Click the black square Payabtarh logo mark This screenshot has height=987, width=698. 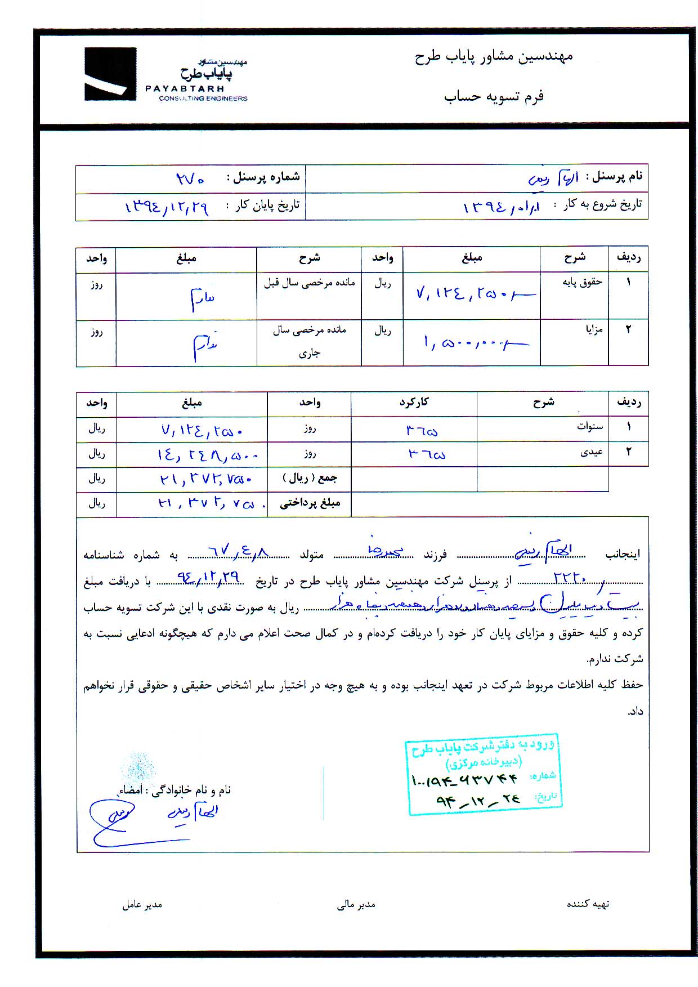point(110,74)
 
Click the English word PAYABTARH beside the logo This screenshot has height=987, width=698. point(185,88)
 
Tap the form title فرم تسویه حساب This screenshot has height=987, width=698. point(493,96)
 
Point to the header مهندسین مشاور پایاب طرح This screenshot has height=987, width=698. point(493,57)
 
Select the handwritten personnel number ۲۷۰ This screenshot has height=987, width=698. point(190,179)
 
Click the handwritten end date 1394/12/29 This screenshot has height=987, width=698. point(167,207)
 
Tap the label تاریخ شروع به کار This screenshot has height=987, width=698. point(597,204)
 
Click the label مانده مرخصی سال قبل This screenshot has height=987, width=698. point(309,283)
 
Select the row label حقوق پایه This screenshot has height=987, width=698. point(582,282)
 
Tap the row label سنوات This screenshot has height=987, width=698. point(589,426)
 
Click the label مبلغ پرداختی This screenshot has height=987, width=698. point(310,503)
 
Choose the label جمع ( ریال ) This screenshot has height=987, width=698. point(310,478)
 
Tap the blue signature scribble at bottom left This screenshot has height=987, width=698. point(113,821)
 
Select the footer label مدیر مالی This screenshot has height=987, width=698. point(356,904)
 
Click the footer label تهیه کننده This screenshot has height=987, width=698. point(588,904)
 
